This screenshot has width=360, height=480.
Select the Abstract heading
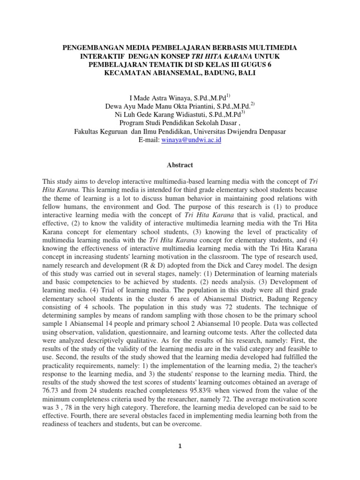(x=180, y=165)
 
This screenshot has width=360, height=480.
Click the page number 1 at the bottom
(x=180, y=446)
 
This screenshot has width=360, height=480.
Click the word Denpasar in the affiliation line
(x=271, y=131)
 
